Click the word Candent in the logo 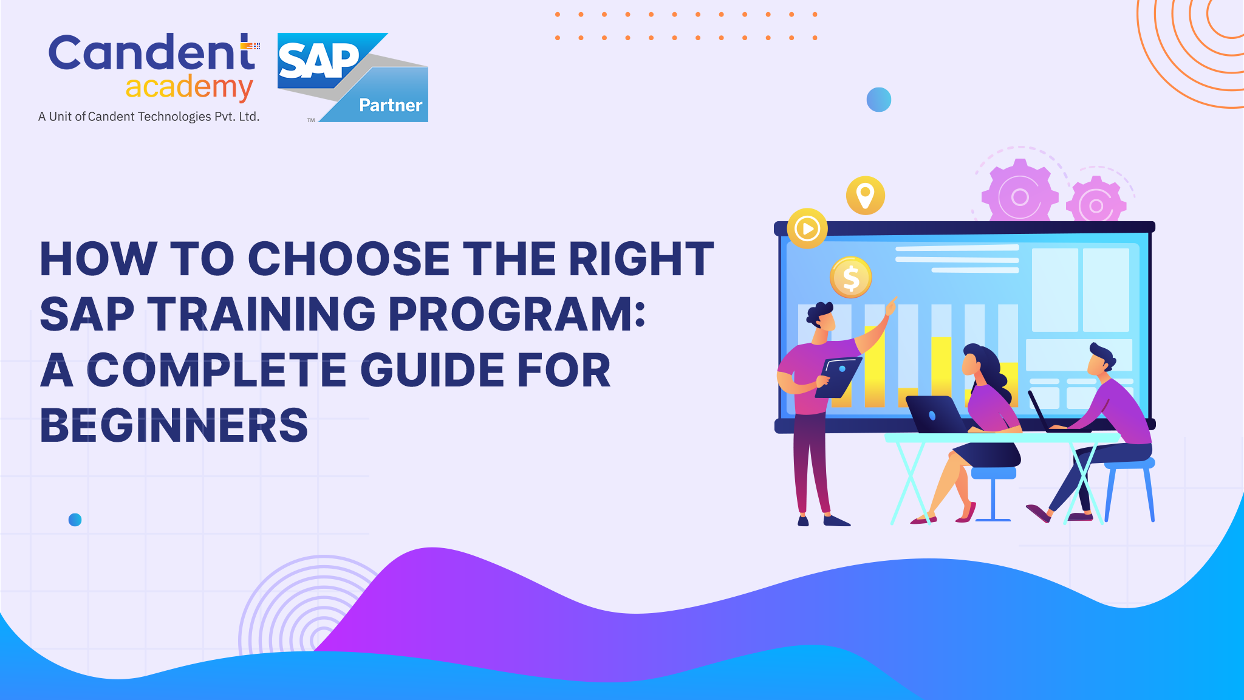[152, 53]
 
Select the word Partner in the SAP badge [391, 106]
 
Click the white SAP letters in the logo [318, 61]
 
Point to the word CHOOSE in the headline [349, 259]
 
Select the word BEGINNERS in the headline [174, 425]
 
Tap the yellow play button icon [807, 229]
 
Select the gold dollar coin [850, 278]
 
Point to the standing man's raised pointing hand [890, 306]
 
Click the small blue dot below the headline [75, 520]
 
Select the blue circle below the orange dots [878, 100]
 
